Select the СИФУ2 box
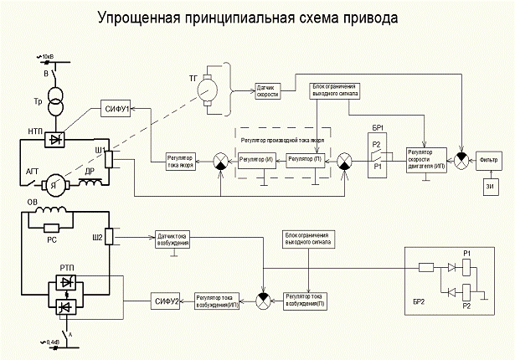pyautogui.click(x=165, y=299)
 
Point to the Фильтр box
pyautogui.click(x=490, y=156)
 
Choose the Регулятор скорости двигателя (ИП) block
pyautogui.click(x=424, y=157)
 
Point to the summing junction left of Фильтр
pyautogui.click(x=461, y=157)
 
